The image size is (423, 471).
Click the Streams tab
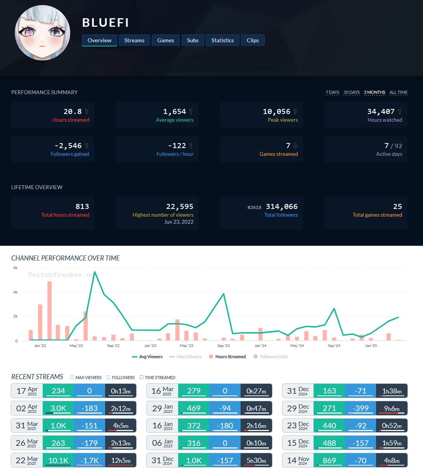[x=134, y=40]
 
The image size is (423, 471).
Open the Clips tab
[x=253, y=40]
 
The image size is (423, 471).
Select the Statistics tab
[x=222, y=40]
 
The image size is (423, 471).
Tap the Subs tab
[x=192, y=40]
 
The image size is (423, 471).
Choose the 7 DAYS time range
[x=332, y=92]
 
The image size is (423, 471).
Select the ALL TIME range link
[x=398, y=92]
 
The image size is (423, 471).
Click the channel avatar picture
[x=42, y=33]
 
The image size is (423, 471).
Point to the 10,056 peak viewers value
[x=276, y=112]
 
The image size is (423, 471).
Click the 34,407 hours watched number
[x=381, y=112]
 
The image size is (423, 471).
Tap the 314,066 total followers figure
[x=281, y=207]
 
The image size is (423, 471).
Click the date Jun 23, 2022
[x=179, y=222]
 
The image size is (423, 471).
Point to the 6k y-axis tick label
[x=16, y=267]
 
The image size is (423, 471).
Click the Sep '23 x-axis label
[x=224, y=345]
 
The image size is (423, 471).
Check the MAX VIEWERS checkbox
[x=72, y=377]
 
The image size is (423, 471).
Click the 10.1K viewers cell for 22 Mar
[x=58, y=461]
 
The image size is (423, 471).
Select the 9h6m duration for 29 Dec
[x=391, y=408]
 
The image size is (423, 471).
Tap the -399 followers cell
[x=361, y=408]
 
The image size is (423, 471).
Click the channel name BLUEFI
[x=105, y=22]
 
